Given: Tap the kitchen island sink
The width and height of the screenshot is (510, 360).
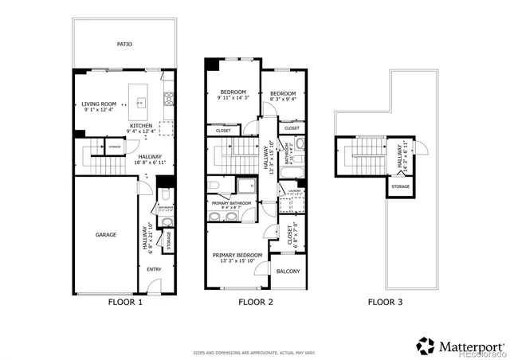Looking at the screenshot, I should point(141,102).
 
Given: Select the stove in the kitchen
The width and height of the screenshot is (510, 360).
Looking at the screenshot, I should point(168,100).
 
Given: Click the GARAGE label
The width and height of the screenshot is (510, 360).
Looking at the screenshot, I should point(107,235).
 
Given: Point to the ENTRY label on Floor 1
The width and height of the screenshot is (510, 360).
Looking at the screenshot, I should point(155,268).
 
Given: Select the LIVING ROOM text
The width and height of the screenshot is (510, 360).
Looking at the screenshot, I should point(99,104).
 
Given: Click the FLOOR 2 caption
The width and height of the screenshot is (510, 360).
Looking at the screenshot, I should point(255,303).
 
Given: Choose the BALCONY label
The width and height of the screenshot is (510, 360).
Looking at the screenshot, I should point(288,272).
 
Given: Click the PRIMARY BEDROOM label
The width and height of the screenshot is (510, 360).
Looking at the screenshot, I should point(237,255).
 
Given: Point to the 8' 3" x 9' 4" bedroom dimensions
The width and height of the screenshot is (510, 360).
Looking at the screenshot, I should point(283,100).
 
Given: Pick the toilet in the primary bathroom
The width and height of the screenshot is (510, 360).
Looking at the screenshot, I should point(215,186).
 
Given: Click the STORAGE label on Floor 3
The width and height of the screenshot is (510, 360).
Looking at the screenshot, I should point(400,187).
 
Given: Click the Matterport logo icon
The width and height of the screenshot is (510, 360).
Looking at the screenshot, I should point(426,345).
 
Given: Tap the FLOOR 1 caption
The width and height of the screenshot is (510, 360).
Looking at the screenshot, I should point(125,303).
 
